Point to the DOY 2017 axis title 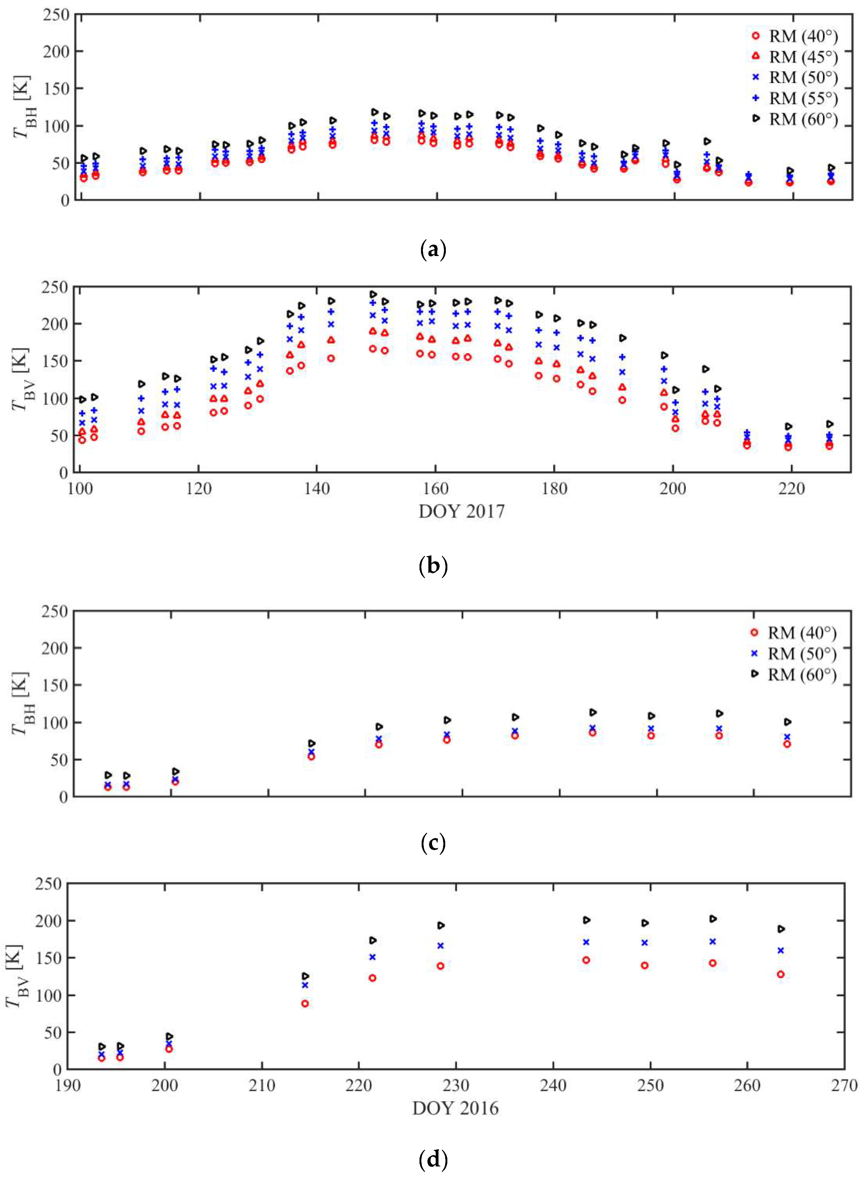461,511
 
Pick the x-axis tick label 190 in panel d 68,1086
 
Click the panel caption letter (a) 432,250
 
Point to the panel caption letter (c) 432,843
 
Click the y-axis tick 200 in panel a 57,51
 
